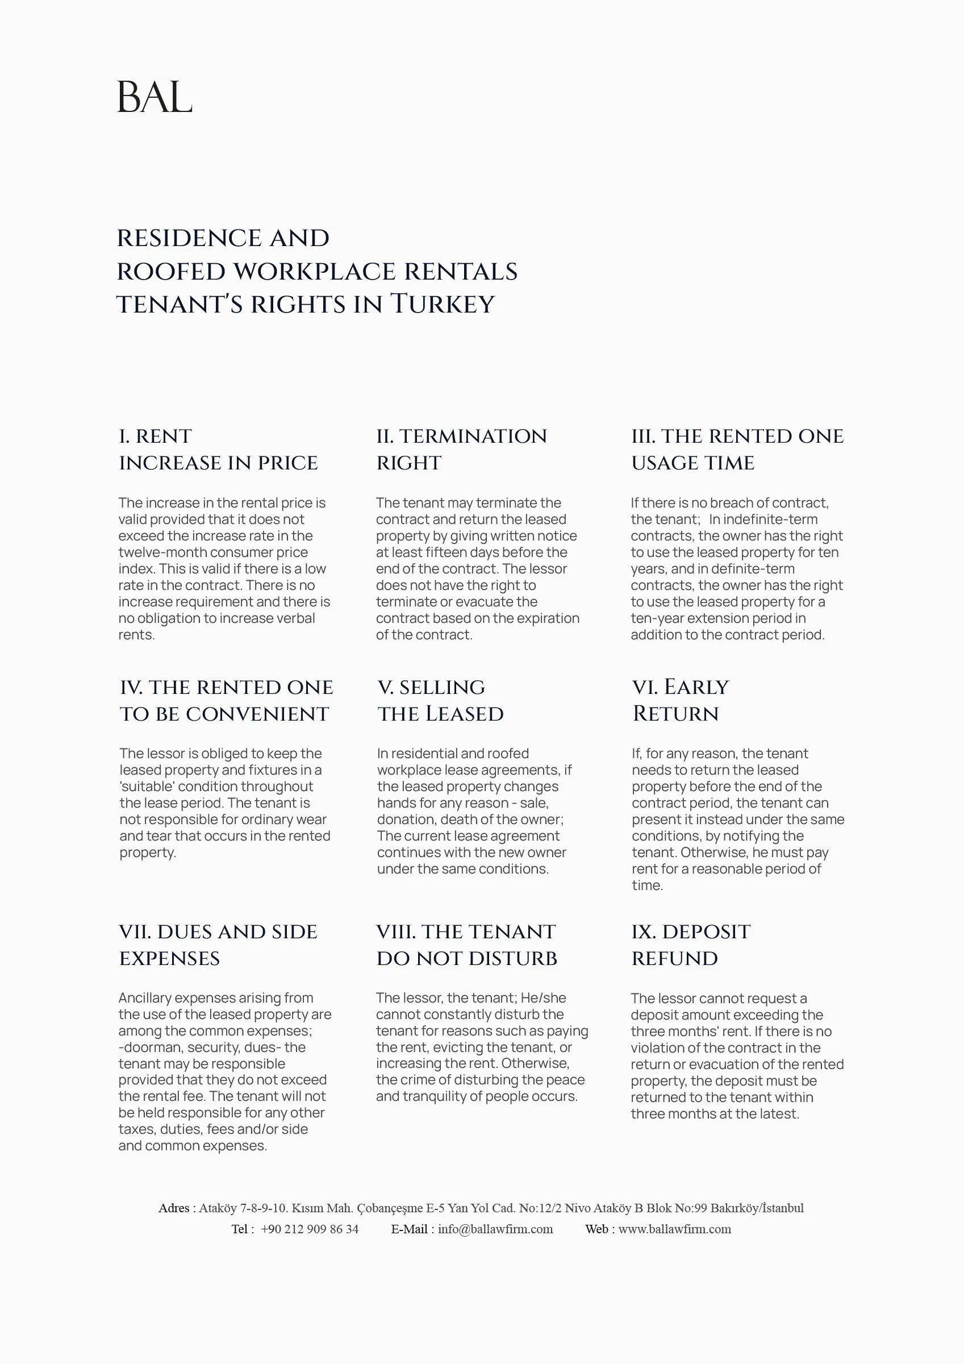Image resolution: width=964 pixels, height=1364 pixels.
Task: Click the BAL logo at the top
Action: (x=155, y=97)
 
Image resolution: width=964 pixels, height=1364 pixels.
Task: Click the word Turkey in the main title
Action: (x=442, y=304)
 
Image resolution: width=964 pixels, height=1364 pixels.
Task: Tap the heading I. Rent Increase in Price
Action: (x=218, y=449)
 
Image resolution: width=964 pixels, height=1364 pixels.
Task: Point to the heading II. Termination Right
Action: (x=461, y=449)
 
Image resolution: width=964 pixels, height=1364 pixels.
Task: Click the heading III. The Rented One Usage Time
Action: (x=737, y=449)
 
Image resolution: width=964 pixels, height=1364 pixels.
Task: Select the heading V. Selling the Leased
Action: (x=440, y=700)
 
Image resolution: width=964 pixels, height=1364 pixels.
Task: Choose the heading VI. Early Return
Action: (x=680, y=700)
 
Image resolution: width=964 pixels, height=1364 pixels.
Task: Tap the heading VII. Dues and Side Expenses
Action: (x=218, y=945)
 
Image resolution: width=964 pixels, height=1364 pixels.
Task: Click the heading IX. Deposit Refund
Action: (x=690, y=945)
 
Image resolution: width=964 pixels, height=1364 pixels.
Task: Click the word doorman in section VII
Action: (x=151, y=1047)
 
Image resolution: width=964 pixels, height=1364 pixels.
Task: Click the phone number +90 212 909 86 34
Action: (x=310, y=1229)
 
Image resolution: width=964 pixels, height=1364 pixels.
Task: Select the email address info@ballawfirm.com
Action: (x=495, y=1229)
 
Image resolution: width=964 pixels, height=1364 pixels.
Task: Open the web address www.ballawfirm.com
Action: (x=675, y=1229)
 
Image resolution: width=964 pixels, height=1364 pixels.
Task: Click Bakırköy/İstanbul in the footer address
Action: (x=757, y=1208)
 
